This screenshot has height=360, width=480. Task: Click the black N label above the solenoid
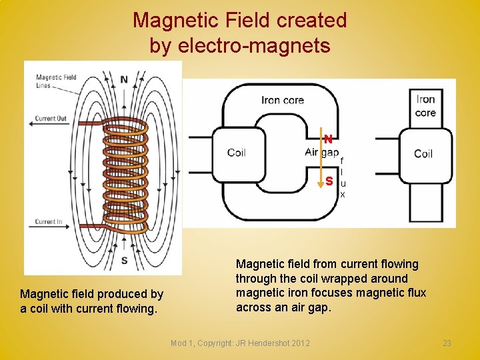[124, 80]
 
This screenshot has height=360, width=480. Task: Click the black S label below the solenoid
[125, 260]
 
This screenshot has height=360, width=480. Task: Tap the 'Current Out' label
[51, 119]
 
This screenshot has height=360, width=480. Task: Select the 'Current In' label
[49, 222]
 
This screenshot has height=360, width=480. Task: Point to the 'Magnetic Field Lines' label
[56, 81]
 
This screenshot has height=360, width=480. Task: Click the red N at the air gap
[329, 139]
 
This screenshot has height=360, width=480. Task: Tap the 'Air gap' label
[321, 152]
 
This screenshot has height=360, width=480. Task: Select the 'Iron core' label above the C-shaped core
[283, 100]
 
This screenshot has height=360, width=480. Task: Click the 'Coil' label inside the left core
[237, 153]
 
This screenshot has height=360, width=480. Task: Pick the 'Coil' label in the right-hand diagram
[423, 153]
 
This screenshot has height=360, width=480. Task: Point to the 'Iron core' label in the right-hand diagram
[425, 106]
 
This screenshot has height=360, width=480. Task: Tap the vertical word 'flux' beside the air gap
[343, 177]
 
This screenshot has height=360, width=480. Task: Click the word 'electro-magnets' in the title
[267, 45]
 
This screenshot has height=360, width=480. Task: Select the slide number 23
[447, 343]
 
